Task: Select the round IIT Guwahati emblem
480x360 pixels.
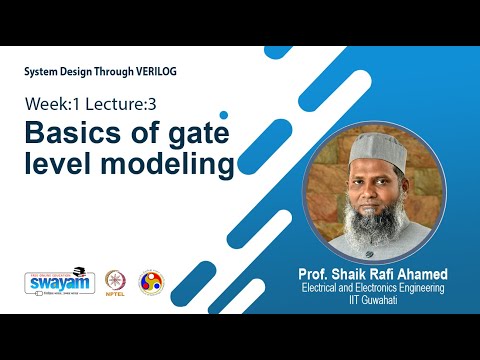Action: pos(152,282)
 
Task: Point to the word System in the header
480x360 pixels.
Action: pos(44,73)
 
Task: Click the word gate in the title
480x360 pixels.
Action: pos(197,133)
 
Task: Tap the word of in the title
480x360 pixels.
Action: pos(140,132)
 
